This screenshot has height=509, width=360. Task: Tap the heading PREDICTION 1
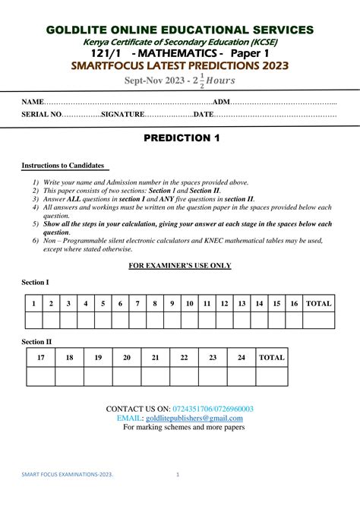(180, 138)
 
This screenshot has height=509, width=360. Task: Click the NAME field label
(33, 102)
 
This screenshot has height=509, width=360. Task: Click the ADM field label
(221, 102)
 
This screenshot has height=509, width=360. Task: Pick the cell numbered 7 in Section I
(137, 303)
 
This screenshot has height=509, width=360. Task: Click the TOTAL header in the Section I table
(319, 303)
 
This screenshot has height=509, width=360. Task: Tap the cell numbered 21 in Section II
(156, 357)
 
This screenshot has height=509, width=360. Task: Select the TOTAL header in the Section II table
(272, 357)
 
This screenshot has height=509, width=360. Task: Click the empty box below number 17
(41, 376)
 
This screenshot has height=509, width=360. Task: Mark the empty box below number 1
(33, 321)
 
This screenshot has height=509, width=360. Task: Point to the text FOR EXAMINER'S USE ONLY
(179, 265)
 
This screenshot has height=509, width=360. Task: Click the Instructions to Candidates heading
(64, 165)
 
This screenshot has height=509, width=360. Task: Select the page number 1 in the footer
(177, 475)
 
